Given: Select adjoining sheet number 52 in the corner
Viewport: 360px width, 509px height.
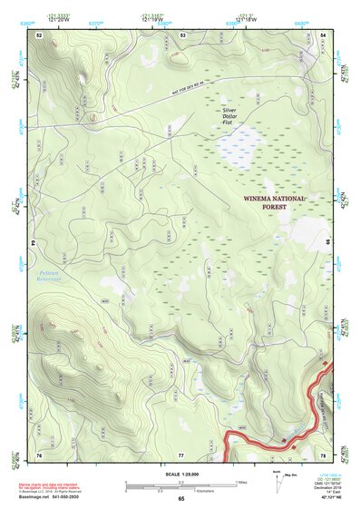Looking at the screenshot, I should tap(40, 34).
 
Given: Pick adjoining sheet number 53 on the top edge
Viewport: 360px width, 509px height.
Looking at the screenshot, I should tap(183, 34).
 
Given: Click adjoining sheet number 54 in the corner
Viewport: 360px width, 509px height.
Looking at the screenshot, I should tap(324, 34).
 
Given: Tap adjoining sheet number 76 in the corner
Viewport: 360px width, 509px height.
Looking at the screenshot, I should tap(40, 454).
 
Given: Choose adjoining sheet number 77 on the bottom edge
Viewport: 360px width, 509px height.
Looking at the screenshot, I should tap(181, 454).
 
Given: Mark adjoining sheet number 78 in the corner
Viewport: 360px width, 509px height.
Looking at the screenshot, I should tap(324, 454).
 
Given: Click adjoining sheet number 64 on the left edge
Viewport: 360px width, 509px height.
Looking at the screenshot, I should tap(36, 244).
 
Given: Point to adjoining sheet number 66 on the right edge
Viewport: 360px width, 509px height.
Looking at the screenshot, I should tap(327, 244).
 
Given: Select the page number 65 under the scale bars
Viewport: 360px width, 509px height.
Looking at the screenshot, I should tap(181, 499).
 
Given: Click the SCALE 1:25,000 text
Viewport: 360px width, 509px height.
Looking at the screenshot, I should tap(181, 474).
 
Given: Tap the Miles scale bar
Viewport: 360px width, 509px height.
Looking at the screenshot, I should tap(181, 481).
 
